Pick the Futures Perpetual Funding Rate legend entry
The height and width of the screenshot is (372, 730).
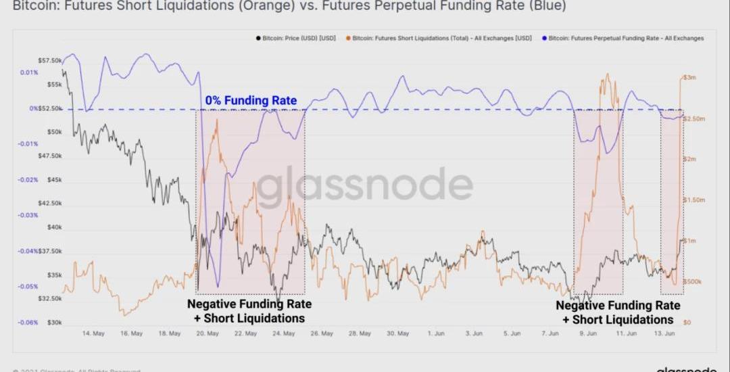pos(626,38)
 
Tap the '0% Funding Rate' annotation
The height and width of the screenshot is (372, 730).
pos(251,101)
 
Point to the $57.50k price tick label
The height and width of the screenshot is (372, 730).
pos(50,60)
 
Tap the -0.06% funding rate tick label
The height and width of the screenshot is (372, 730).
pos(28,323)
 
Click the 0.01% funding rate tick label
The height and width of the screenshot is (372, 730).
pos(29,72)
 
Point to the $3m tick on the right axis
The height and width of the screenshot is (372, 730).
pos(689,78)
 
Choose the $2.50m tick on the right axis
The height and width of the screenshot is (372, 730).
pos(693,118)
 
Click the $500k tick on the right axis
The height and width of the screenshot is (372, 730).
pos(692,281)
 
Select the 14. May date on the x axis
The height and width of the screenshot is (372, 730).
pos(93,333)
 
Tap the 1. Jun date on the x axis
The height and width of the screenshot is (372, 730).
pos(436,333)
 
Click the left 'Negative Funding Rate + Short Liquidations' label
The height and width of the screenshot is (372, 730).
pos(249,311)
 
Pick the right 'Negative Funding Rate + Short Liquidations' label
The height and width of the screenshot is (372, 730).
pos(618,312)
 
